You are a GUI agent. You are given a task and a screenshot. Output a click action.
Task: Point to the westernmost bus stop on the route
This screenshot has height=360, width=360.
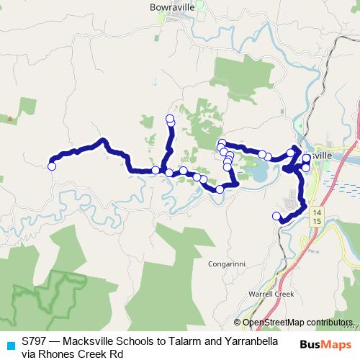pyautogui.click(x=52, y=166)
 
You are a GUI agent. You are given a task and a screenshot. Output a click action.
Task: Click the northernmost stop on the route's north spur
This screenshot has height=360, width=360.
pyautogui.click(x=170, y=118)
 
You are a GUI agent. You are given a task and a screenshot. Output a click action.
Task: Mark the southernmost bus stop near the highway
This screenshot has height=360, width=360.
pyautogui.click(x=276, y=216)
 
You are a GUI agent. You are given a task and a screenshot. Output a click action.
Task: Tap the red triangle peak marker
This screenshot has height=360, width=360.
pyautogui.click(x=10, y=117)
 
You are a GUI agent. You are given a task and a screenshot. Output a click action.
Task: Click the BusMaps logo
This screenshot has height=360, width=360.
pyautogui.click(x=330, y=344)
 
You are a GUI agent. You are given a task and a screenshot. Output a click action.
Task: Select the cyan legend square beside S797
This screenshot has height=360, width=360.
pyautogui.click(x=9, y=344)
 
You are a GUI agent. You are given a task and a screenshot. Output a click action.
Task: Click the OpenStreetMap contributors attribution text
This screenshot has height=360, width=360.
pyautogui.click(x=297, y=323)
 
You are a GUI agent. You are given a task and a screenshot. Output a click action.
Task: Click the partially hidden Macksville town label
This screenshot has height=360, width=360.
pyautogui.click(x=323, y=155)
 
